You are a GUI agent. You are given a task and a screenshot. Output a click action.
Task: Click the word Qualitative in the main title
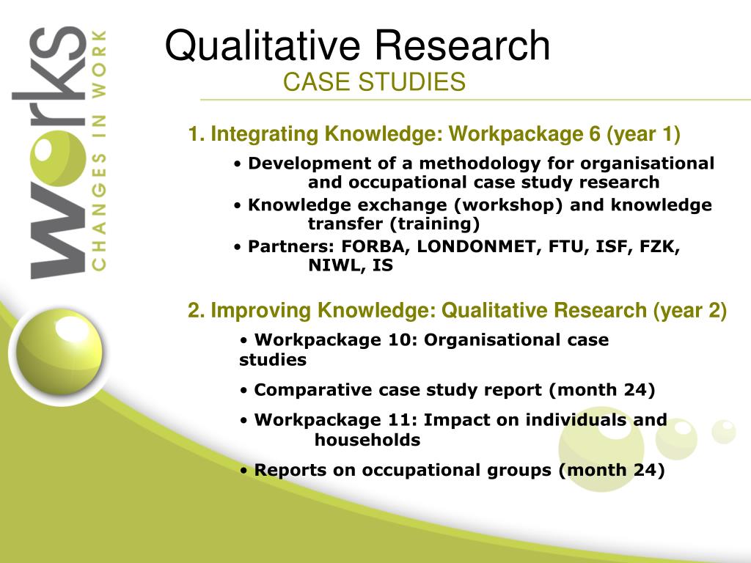click(263, 46)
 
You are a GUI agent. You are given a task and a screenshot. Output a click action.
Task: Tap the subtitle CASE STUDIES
click(374, 82)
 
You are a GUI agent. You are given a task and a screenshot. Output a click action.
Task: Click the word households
click(367, 440)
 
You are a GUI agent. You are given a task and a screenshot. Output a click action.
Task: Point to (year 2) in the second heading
click(690, 311)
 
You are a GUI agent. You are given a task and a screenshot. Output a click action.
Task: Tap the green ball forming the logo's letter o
click(59, 158)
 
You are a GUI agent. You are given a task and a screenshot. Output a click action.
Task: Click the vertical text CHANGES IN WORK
click(99, 150)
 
